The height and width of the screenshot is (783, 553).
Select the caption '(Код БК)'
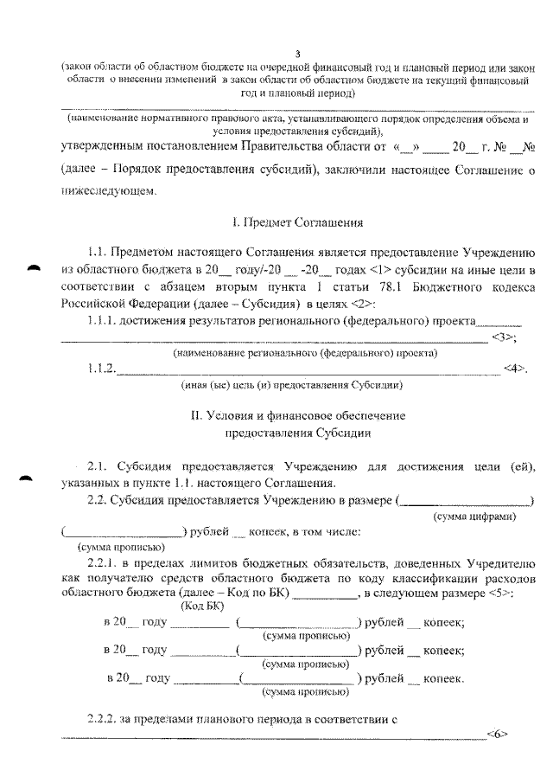tap(200, 607)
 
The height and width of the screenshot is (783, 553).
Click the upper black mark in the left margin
tap(35, 268)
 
